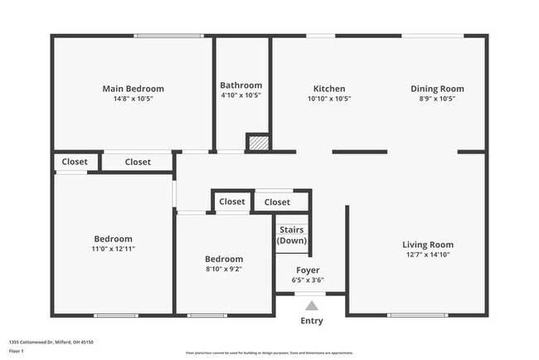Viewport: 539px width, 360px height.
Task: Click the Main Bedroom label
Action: (133, 89)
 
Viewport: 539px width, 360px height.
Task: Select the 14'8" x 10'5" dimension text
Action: (133, 99)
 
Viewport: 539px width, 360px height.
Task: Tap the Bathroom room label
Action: (241, 85)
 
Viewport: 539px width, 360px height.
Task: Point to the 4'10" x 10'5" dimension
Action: (241, 95)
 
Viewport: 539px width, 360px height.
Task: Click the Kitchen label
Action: (329, 89)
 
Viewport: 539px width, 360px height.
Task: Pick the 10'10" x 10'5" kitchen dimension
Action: (329, 99)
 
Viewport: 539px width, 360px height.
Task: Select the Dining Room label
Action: (437, 89)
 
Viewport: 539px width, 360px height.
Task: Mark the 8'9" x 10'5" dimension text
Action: (437, 99)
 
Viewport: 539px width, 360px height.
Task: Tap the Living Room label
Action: (428, 245)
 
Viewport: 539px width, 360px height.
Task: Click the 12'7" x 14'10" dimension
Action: (428, 255)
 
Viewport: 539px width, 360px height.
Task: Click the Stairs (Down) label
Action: (292, 236)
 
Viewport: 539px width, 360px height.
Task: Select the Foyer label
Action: (308, 270)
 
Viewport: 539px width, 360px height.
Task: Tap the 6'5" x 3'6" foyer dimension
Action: (308, 280)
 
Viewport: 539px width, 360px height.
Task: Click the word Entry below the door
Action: (312, 321)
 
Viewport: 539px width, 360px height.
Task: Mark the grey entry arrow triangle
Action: (312, 306)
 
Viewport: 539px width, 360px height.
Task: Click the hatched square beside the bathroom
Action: (258, 144)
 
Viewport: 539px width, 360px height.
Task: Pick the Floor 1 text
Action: (17, 351)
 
